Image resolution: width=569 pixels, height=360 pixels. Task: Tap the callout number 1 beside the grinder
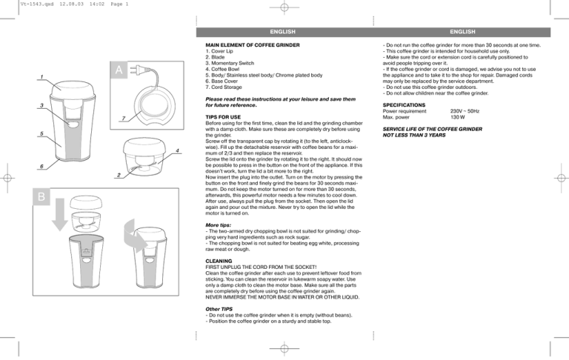tap(42, 77)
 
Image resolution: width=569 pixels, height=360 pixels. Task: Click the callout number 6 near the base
tap(42, 167)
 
